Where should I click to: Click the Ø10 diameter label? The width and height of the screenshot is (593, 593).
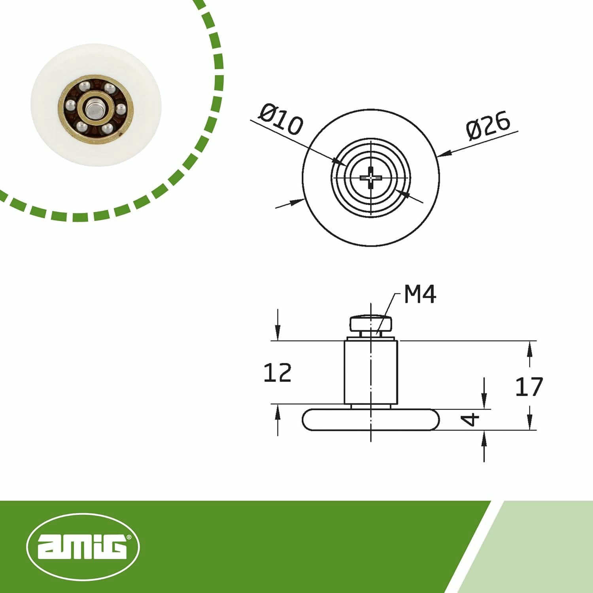point(281,119)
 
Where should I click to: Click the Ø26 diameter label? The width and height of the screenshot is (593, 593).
point(488,126)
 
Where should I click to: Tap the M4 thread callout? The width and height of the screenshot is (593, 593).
point(420,294)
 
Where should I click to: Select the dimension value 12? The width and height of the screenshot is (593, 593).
point(277,372)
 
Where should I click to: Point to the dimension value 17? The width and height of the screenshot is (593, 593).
point(529,387)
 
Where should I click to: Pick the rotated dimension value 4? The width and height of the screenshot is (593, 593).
point(471,419)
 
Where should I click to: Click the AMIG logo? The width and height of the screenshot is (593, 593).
point(83,547)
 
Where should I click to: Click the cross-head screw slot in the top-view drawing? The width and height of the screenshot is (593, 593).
point(370,178)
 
